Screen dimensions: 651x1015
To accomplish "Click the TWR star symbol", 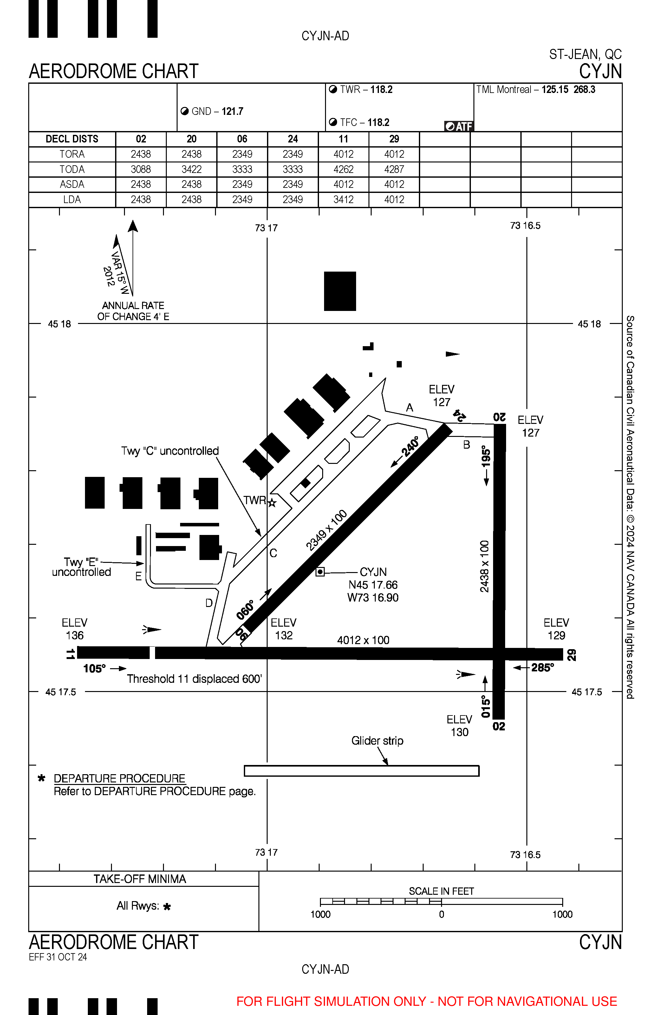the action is [272, 503].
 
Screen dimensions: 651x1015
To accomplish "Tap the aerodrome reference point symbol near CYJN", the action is [320, 572].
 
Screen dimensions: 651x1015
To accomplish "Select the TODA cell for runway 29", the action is [394, 169].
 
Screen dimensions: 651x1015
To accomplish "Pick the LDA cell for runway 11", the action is [343, 200].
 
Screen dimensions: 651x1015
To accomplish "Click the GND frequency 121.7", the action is [232, 112].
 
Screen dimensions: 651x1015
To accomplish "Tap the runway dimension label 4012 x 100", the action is [363, 640].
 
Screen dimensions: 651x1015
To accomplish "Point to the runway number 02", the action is [499, 727].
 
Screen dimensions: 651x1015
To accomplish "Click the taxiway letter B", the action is [467, 445].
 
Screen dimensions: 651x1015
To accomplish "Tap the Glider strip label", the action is [377, 741].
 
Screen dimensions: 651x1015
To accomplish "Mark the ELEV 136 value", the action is [75, 636].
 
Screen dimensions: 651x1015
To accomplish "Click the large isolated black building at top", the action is [340, 291].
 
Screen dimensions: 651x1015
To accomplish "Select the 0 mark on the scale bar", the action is [441, 915].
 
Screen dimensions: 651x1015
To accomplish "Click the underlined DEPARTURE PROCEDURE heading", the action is [120, 779].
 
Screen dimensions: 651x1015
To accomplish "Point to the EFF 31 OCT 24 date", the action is [58, 957].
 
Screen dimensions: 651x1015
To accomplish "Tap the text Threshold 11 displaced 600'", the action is [194, 679].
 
